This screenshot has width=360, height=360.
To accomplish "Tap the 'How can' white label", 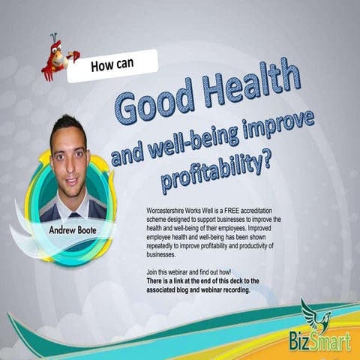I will [112, 66].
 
